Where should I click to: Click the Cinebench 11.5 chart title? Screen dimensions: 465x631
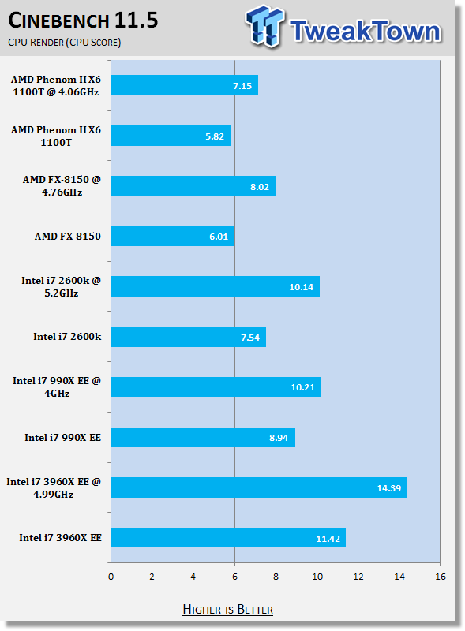pos(83,21)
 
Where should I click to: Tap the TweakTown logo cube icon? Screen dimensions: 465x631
pos(264,26)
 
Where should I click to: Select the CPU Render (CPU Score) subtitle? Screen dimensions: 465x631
pos(65,43)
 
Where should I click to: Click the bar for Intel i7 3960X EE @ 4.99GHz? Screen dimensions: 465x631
pos(259,487)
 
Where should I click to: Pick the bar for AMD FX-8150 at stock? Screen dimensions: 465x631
pos(173,236)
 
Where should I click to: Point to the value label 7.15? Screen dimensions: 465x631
pos(242,86)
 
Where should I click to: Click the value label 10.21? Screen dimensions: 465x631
pos(302,387)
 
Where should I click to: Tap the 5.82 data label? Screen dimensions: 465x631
pos(215,136)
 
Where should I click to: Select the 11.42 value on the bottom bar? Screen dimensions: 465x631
pos(328,539)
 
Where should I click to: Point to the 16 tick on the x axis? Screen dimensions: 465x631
pos(441,577)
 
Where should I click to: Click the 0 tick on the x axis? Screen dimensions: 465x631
pos(111,577)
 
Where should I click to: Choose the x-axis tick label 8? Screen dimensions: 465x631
pos(276,577)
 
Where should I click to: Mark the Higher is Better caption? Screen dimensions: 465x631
pos(227,609)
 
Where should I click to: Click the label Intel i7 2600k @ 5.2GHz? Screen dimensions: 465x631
pos(62,286)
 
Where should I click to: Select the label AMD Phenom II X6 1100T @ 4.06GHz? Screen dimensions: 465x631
pos(55,86)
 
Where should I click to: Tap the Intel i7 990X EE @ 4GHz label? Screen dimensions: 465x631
pos(57,386)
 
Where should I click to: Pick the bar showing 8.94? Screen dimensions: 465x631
pos(203,437)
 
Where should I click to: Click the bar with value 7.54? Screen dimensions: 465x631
pos(189,337)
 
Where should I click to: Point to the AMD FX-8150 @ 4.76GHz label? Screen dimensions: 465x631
pos(62,185)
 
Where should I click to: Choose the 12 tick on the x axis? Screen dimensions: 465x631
pos(358,577)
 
